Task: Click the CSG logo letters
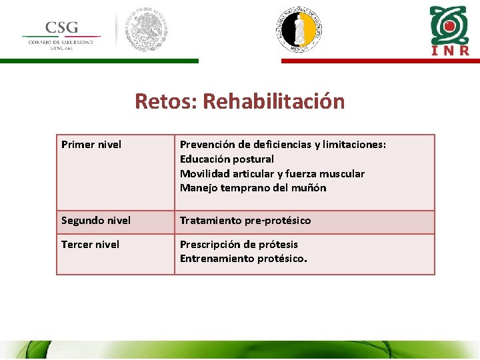61,28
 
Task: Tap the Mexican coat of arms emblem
147,30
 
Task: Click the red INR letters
449,51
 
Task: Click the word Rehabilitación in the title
273,101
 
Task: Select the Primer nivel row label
91,144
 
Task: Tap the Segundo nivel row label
96,220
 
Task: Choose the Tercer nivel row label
91,244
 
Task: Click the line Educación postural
227,159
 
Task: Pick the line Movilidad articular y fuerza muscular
272,173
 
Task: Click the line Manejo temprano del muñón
253,188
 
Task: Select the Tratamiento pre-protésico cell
245,220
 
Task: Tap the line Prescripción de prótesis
239,244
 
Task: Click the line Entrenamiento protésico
243,259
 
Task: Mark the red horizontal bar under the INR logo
380,61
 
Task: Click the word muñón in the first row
310,188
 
